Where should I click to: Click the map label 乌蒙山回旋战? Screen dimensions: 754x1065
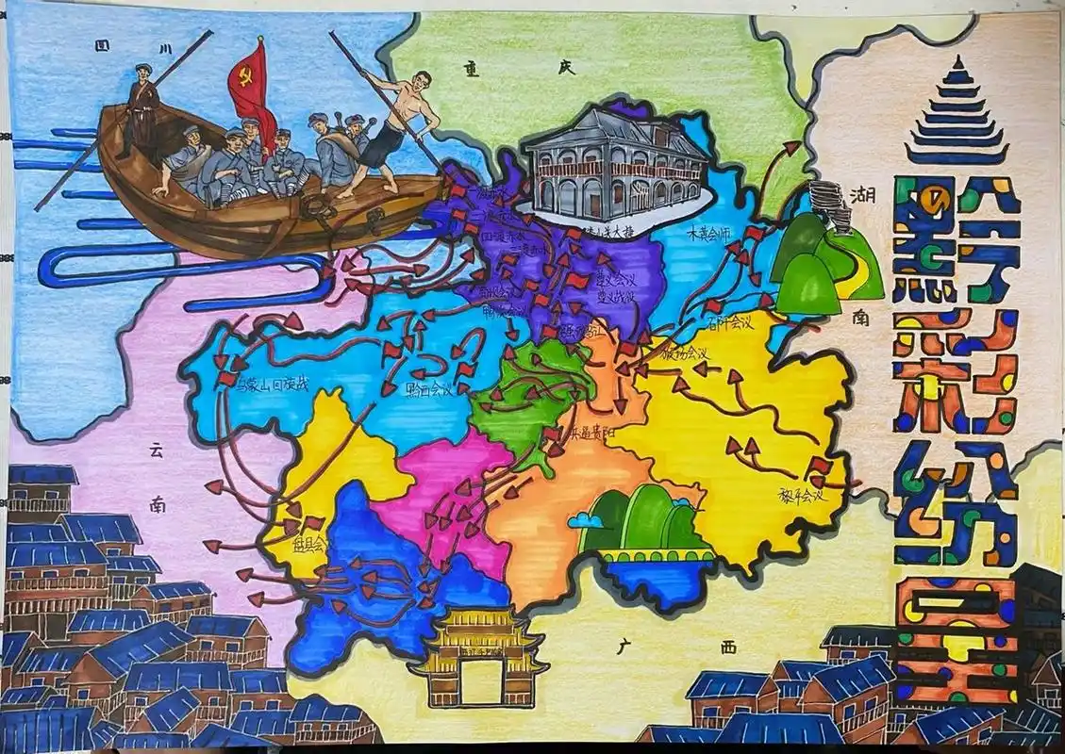coord(273,385)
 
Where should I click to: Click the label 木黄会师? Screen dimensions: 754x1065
coord(711,231)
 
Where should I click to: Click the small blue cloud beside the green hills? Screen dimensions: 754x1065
coord(591,519)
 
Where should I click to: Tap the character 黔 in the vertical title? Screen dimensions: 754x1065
coord(953,240)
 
